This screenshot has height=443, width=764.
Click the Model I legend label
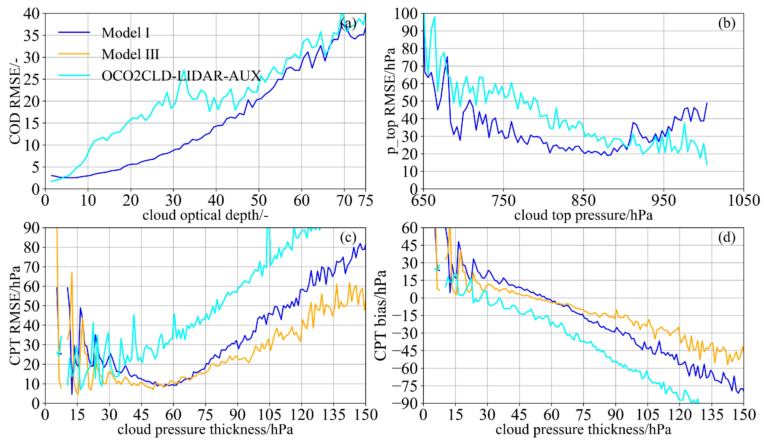pos(126,33)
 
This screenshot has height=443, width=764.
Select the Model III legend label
pos(130,55)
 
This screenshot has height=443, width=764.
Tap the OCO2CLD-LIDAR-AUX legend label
pos(181,76)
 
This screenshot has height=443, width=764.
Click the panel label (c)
pos(348,238)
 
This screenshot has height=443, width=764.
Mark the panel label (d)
pos(726,238)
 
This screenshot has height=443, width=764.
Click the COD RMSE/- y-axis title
pos(15,101)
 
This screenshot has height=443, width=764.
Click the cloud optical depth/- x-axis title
pos(205,215)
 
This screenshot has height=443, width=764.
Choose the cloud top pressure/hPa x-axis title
pos(583,215)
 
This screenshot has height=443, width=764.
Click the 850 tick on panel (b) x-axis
pos(583,201)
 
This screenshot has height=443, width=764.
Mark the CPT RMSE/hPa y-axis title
pos(15,315)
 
